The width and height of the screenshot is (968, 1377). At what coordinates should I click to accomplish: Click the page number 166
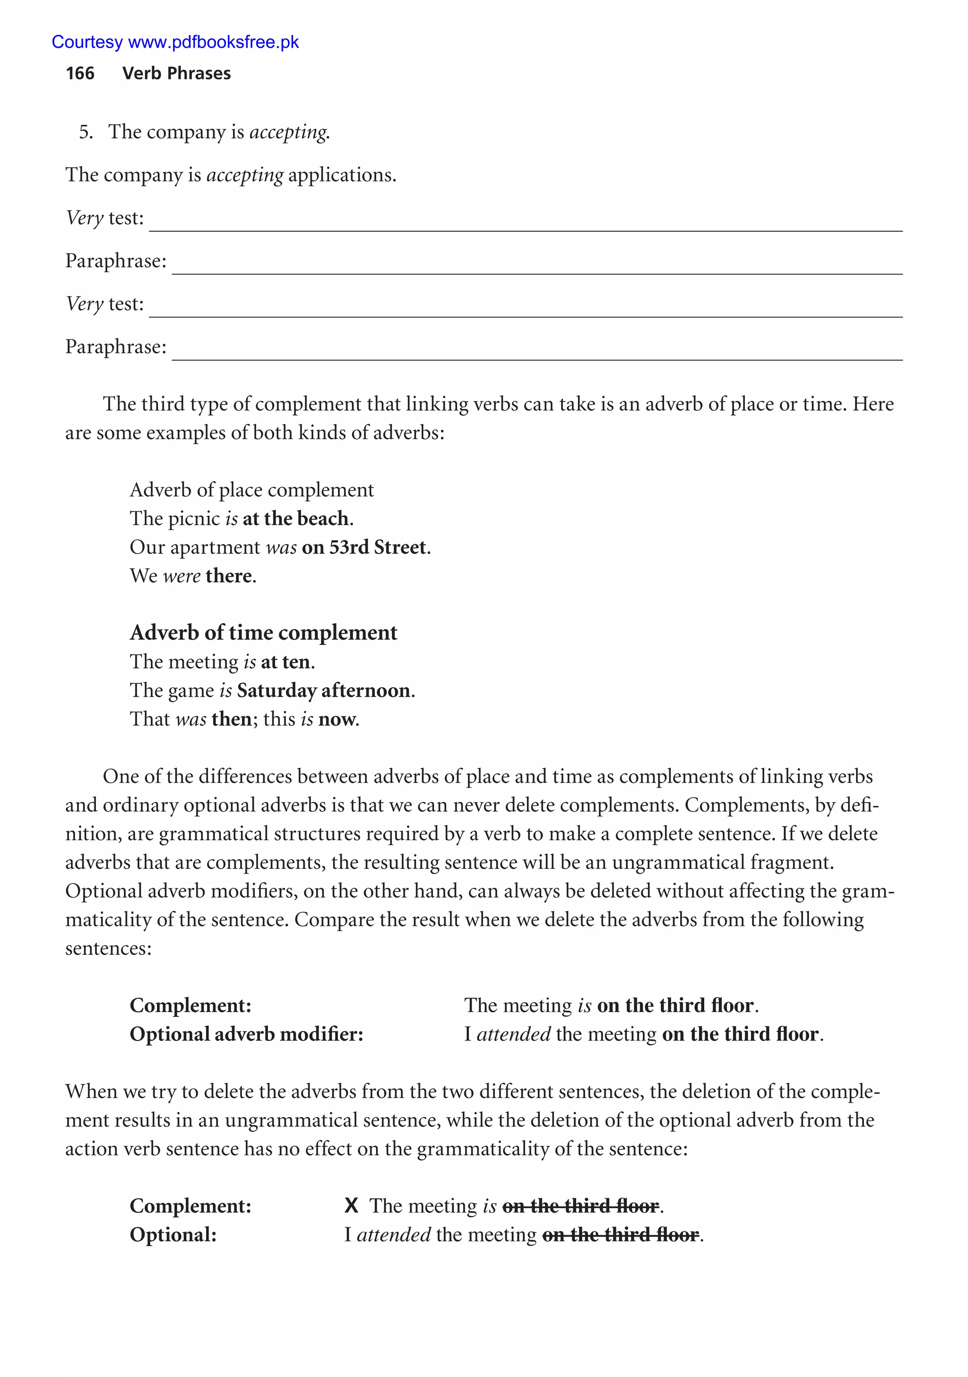(x=80, y=73)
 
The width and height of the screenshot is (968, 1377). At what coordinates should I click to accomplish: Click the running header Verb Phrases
(x=176, y=73)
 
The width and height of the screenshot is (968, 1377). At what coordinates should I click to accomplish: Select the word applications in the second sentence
(x=341, y=175)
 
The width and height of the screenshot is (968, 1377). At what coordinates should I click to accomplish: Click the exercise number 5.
(x=85, y=132)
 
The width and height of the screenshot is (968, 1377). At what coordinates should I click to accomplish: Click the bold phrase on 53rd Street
(x=364, y=547)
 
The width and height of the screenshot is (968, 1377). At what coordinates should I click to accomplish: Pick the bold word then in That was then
(x=232, y=719)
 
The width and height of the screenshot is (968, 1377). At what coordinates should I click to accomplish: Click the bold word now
(x=337, y=719)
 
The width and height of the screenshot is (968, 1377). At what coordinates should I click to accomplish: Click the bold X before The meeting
(x=352, y=1206)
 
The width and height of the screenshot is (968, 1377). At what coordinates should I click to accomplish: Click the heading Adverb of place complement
(x=251, y=490)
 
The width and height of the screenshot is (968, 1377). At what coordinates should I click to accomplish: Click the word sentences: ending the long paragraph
(x=109, y=949)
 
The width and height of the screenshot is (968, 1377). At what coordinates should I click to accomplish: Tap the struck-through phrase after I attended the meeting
(x=620, y=1235)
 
